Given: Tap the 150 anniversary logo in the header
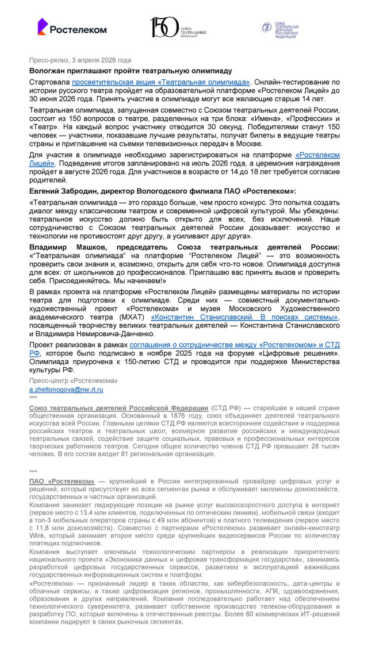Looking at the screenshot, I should (x=178, y=27).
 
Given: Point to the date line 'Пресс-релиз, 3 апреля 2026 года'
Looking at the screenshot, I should (x=80, y=60).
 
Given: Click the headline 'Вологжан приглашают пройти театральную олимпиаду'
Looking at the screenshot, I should (x=131, y=71).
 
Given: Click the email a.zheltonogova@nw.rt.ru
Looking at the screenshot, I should (x=66, y=389).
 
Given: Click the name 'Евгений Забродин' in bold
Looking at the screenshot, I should (x=63, y=190).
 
